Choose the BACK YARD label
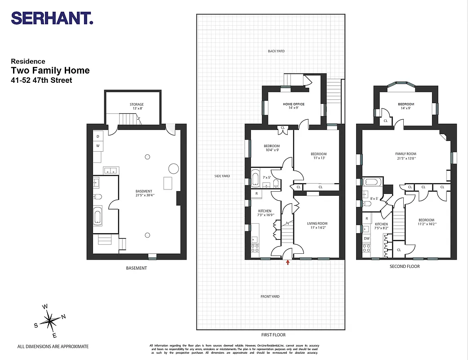(276, 51)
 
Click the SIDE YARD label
(222, 176)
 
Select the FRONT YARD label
(270, 297)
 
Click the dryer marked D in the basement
(98, 136)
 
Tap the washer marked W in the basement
(98, 146)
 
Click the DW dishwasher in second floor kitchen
(366, 238)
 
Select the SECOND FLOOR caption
(405, 266)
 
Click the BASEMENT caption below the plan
(136, 268)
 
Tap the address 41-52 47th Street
(41, 81)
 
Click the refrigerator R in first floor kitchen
(256, 193)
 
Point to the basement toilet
(98, 196)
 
